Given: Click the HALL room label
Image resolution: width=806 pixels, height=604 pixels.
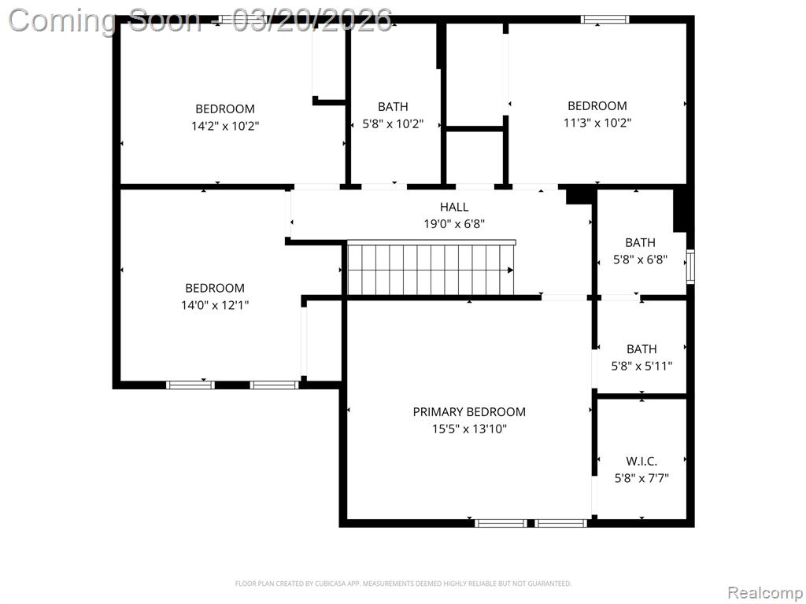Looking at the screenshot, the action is pos(454,207).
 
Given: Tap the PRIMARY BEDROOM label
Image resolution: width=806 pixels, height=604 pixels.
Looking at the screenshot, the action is pos(469,412).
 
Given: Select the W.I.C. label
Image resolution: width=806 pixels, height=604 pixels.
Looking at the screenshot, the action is pos(641,461).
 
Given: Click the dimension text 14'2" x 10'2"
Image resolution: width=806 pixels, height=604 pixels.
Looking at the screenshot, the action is pos(225,126).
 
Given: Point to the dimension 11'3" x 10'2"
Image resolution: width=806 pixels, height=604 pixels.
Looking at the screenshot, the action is pos(597,123).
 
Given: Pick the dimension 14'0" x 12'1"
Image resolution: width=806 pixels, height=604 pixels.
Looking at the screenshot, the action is pos(215,305).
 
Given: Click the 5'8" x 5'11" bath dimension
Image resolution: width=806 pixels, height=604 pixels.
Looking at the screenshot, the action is pos(641,366).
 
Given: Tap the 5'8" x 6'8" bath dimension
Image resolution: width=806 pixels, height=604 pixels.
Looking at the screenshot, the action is pos(641,260).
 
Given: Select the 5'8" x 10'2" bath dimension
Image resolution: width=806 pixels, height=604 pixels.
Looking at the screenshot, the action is pos(394,123).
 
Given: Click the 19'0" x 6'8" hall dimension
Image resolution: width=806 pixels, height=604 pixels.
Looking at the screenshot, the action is pos(454,224).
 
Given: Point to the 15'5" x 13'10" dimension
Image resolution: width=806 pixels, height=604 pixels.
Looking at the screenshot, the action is pos(469,429).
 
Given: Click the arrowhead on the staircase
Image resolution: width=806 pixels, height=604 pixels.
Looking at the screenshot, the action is pos(510,271).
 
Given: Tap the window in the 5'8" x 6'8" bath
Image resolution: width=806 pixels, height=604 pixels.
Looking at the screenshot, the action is pos(690,267).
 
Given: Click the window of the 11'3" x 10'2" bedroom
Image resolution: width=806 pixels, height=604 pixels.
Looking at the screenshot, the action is pos(605,20).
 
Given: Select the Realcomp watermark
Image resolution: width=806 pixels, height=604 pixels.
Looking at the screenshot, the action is pos(765,593).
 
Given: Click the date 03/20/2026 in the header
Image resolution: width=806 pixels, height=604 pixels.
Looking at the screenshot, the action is pos(312,20).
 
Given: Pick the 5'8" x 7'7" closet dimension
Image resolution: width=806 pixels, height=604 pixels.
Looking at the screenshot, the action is pos(641,478).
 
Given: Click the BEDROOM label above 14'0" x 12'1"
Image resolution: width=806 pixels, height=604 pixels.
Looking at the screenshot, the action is pos(215,288).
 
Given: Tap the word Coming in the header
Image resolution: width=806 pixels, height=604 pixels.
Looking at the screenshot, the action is pos(62,21).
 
